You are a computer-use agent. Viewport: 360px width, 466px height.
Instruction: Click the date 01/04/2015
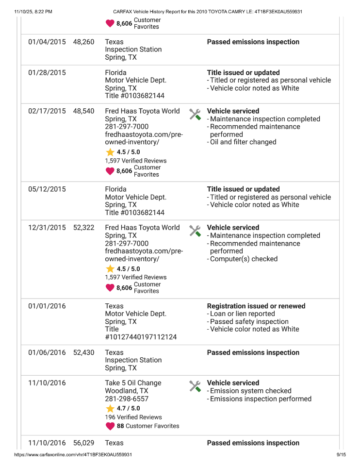[x=47, y=42]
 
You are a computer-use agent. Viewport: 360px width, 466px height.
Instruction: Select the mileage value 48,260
[x=83, y=42]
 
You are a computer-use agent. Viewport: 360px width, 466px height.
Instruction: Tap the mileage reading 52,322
[x=83, y=228]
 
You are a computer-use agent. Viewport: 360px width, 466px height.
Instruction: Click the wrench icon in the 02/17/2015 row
[x=195, y=115]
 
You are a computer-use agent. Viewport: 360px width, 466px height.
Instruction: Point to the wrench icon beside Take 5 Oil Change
[x=195, y=386]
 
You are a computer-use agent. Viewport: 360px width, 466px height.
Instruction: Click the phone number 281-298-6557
[x=127, y=399]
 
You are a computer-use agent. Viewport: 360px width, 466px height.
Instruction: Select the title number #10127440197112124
[x=141, y=337]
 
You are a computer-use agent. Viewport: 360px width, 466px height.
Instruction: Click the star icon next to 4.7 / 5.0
[x=110, y=408]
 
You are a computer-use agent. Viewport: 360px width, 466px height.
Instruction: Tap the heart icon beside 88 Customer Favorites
[x=110, y=426]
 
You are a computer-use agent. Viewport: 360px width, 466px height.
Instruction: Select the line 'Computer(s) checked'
[x=243, y=259]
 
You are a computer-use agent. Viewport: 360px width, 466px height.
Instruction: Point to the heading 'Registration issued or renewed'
[x=256, y=306]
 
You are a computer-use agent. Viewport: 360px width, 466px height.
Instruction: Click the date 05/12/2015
[x=47, y=189]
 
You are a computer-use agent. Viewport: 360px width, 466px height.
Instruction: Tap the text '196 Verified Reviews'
[x=133, y=417]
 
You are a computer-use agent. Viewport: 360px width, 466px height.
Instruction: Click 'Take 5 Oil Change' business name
[x=133, y=383]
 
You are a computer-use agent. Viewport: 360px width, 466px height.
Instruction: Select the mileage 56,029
[x=83, y=443]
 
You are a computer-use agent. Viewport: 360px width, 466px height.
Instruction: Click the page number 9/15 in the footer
[x=341, y=455]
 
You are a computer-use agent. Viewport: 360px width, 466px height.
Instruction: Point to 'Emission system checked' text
[x=250, y=391]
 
